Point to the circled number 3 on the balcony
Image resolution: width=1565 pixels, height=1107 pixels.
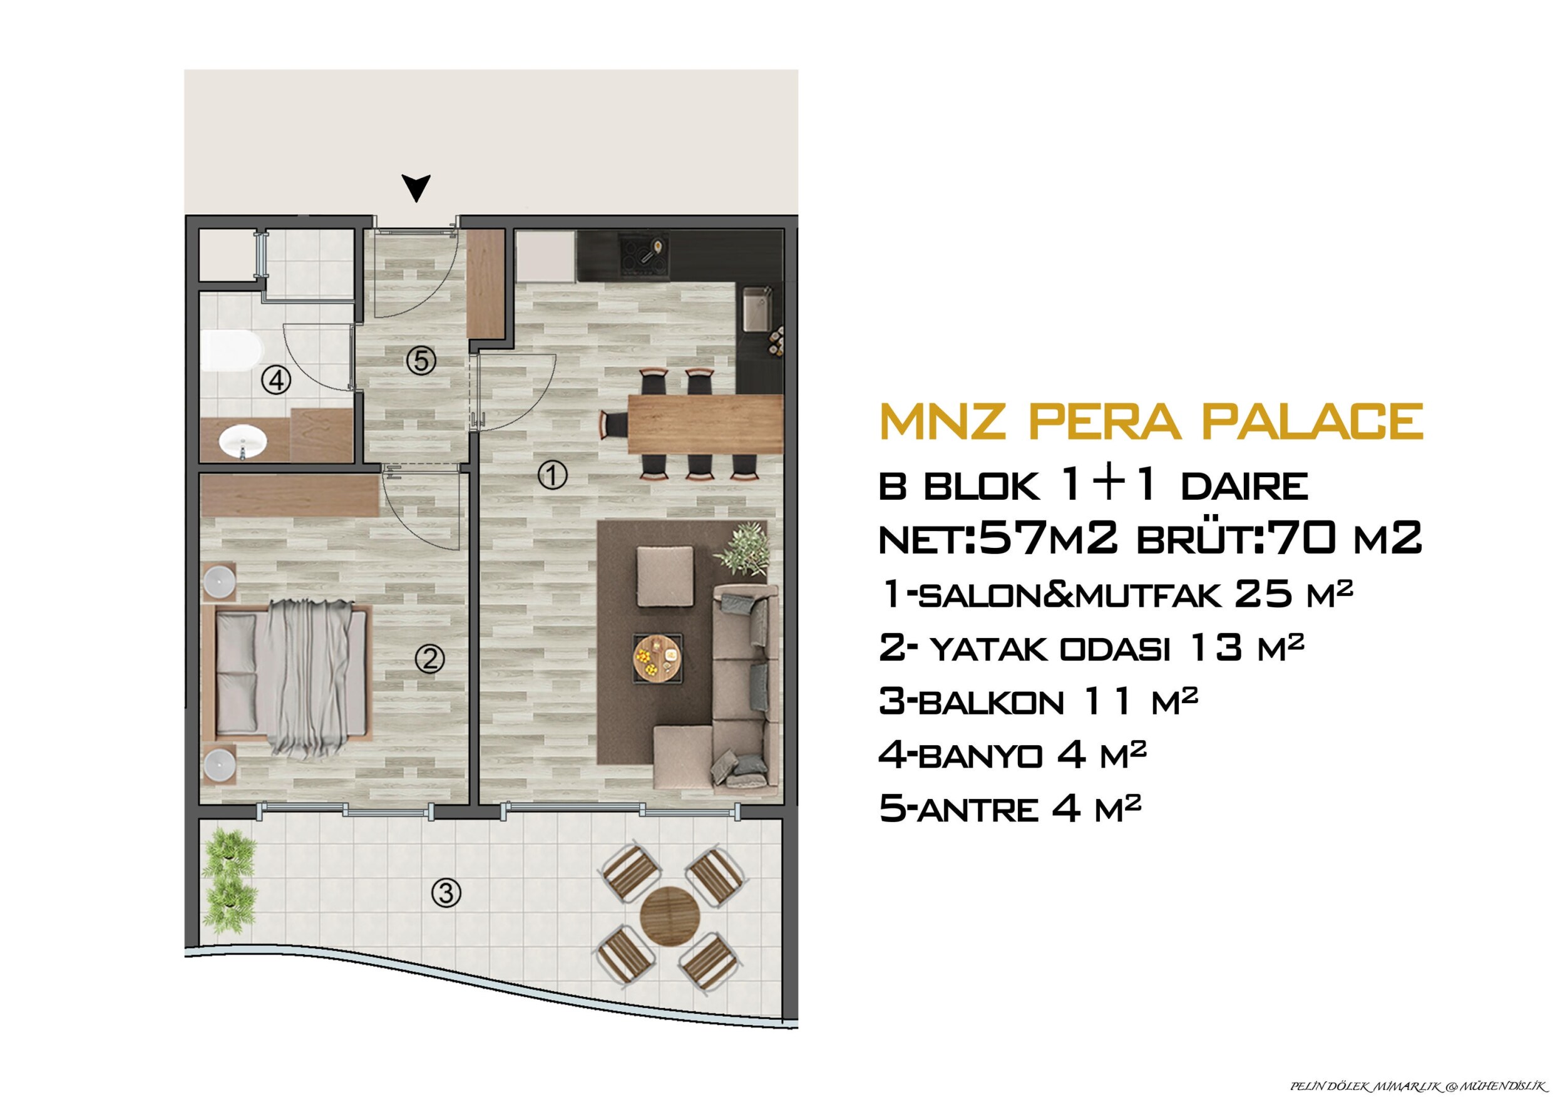tap(446, 893)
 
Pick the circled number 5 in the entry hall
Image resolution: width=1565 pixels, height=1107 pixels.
tap(422, 361)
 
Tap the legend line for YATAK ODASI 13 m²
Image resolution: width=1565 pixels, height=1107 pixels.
tap(1092, 648)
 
